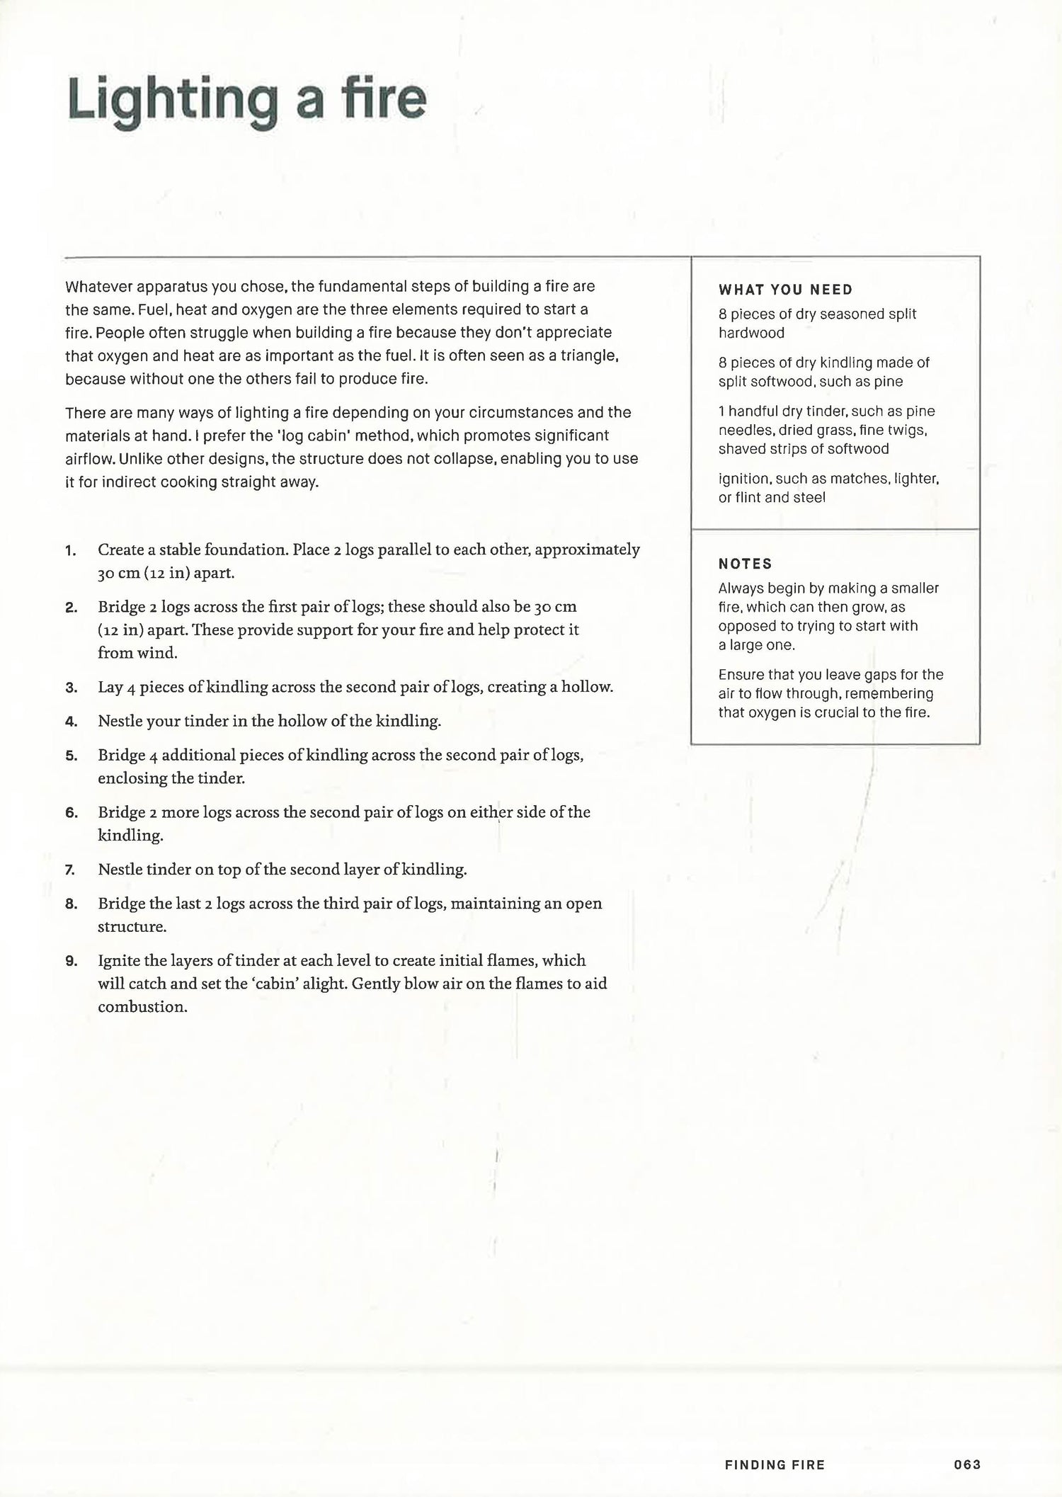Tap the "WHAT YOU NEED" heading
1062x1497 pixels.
pos(785,290)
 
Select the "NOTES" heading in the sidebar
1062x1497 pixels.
pos(745,564)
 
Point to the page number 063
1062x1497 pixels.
pos(967,1464)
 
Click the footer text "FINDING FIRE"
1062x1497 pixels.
pos(775,1464)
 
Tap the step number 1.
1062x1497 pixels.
pos(70,551)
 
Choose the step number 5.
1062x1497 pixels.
pos(71,756)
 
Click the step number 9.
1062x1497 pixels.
pos(71,962)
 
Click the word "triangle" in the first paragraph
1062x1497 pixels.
pos(590,355)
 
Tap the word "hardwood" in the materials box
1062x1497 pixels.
pos(751,333)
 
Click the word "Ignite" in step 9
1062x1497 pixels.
pos(118,961)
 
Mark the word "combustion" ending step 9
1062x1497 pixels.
pos(141,1007)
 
